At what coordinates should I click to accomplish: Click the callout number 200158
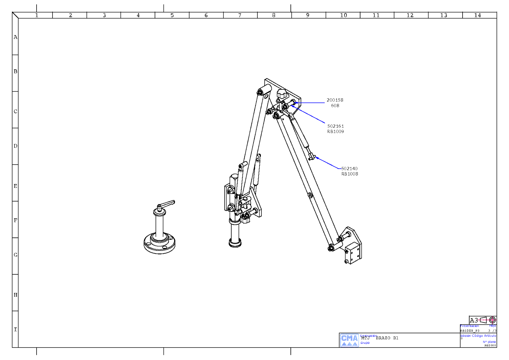click(335, 100)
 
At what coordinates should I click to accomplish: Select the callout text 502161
click(335, 126)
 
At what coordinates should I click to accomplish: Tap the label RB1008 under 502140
click(350, 174)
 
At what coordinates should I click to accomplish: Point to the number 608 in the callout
click(335, 106)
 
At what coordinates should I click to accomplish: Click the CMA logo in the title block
click(349, 340)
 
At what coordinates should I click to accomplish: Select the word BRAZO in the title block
click(383, 338)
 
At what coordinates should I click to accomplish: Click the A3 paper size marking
click(474, 320)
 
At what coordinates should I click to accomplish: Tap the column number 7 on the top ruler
click(240, 15)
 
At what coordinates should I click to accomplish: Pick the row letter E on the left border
click(15, 186)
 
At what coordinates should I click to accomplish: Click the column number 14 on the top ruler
click(477, 15)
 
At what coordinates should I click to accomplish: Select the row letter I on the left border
click(15, 329)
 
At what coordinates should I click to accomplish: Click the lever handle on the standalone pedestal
click(168, 204)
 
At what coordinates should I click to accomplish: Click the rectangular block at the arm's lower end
click(353, 253)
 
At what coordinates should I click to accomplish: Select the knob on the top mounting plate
click(282, 94)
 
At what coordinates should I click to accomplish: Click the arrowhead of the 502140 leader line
click(317, 158)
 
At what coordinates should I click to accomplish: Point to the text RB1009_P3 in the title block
click(470, 331)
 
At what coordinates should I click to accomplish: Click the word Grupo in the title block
click(365, 343)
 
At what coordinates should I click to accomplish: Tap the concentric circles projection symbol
click(492, 320)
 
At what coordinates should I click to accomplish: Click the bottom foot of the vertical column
click(235, 244)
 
